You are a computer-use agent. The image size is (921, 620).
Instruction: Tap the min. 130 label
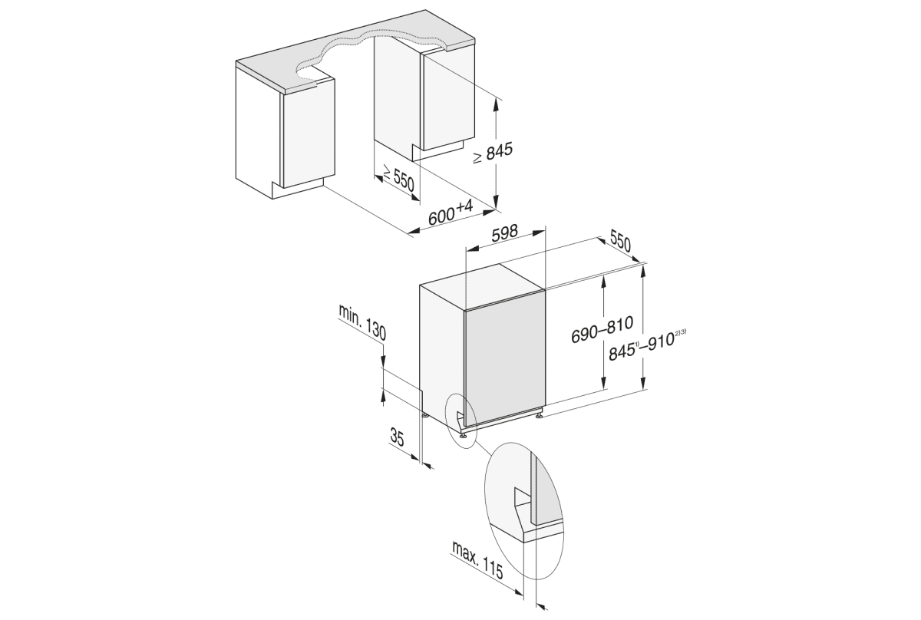pos(361,322)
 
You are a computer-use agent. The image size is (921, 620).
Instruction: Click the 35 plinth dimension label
pos(397,438)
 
